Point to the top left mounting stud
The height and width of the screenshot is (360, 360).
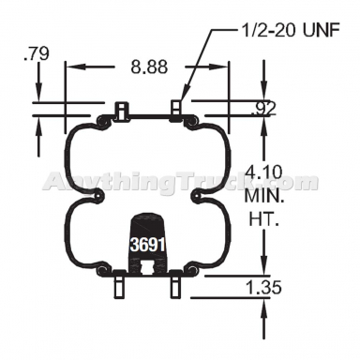[120, 110]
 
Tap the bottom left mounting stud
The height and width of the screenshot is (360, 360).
[120, 285]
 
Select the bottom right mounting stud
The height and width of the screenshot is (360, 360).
[175, 285]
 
